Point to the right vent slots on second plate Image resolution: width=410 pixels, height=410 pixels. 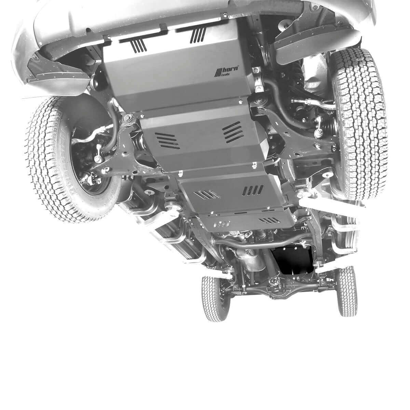(x=233, y=133)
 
